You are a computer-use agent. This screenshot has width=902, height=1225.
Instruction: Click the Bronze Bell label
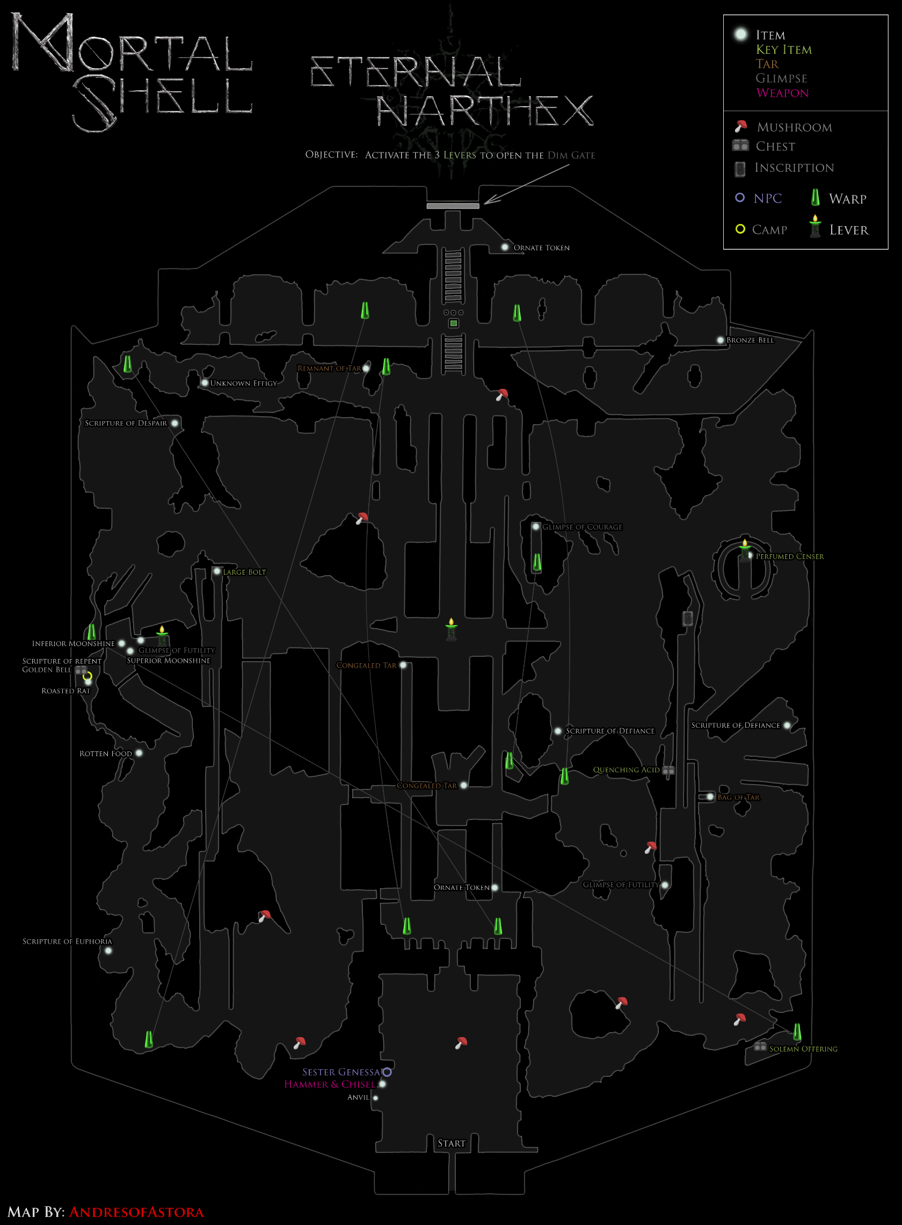[750, 340]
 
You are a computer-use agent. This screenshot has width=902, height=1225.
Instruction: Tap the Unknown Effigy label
[244, 383]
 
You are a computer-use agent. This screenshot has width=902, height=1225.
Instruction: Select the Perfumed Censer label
[790, 556]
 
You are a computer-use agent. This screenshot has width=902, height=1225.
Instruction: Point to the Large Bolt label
[244, 572]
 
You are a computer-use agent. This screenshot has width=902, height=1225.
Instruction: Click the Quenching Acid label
[626, 770]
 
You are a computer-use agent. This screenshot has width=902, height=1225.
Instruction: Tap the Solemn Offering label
[803, 1049]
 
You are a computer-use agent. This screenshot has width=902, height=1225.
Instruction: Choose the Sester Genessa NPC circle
[387, 1072]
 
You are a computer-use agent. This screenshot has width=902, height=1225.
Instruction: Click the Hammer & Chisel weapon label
[330, 1085]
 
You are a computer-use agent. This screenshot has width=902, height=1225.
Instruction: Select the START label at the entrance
[452, 1143]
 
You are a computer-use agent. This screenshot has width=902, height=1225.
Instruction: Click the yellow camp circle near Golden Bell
[88, 676]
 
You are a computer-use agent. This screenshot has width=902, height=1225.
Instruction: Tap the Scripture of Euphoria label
[67, 941]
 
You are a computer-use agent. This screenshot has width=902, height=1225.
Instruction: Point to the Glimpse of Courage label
[582, 527]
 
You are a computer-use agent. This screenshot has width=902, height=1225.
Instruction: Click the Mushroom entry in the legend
[795, 127]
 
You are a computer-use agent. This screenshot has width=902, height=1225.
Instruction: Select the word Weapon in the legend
[782, 93]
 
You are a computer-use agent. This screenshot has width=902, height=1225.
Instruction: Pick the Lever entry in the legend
[848, 230]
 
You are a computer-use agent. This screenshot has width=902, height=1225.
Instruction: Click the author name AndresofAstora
[136, 1212]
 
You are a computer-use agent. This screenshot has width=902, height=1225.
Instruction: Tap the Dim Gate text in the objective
[571, 155]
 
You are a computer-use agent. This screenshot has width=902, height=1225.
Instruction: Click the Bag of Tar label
[738, 798]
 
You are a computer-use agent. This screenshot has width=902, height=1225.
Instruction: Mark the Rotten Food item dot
[139, 753]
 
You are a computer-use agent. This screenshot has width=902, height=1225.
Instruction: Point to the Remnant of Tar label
[329, 368]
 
